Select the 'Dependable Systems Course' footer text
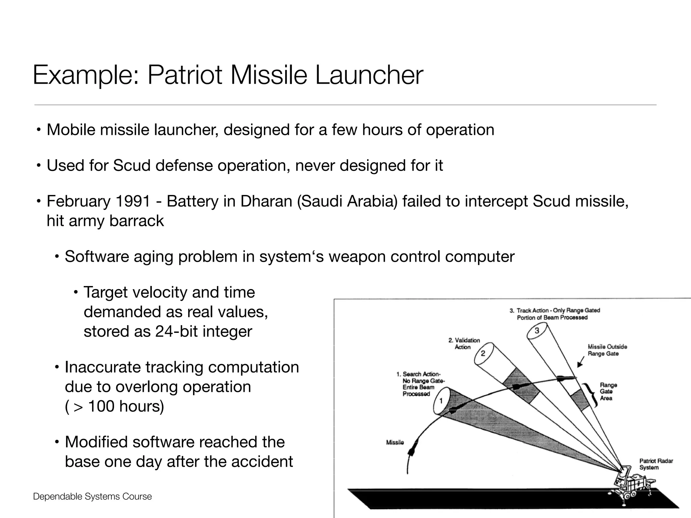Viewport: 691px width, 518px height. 92,496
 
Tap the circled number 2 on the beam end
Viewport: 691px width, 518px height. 483,353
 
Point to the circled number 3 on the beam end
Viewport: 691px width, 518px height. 537,331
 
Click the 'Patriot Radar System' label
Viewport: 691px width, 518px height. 656,464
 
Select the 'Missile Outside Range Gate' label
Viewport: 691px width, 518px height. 607,350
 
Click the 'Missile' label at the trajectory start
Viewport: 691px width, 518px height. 395,442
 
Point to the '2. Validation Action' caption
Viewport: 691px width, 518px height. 464,344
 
